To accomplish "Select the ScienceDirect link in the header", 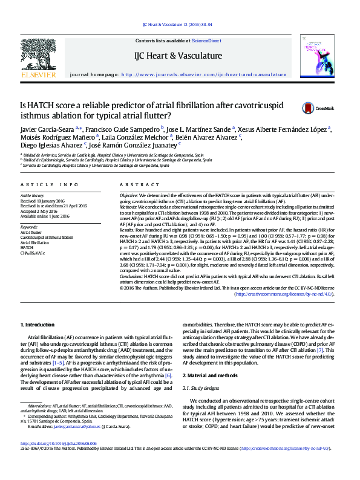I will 206,41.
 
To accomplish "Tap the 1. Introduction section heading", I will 38,325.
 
